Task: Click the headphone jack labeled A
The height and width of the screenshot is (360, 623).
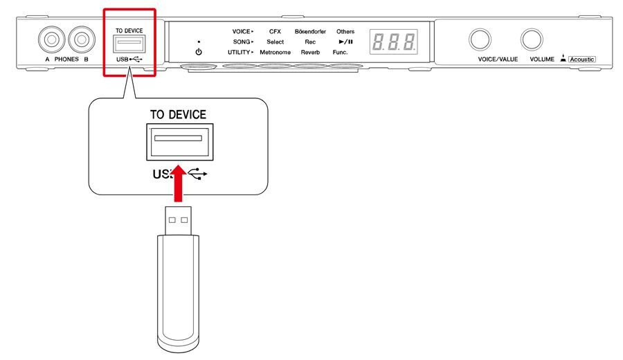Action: click(52, 39)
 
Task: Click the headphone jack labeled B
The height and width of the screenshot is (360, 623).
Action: click(82, 39)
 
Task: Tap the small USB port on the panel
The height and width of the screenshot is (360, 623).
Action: click(129, 44)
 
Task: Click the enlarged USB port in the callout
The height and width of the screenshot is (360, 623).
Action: click(180, 142)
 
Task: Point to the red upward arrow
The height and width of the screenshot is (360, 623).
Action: click(179, 183)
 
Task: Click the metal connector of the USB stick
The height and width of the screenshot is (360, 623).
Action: click(179, 221)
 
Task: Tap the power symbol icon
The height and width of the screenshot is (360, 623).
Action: click(199, 52)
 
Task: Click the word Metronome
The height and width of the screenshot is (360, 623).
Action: click(275, 52)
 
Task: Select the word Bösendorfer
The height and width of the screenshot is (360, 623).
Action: click(310, 31)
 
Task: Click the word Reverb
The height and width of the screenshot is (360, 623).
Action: click(310, 52)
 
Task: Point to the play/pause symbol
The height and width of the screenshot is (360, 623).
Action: click(345, 42)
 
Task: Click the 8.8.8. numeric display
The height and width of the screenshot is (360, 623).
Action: click(394, 42)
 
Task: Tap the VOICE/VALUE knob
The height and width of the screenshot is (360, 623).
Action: click(480, 39)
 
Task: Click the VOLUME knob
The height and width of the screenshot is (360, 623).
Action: click(532, 39)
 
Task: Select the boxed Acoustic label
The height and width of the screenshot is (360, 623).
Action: click(582, 60)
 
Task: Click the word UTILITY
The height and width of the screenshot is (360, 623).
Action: click(239, 52)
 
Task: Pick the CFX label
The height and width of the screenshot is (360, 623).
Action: click(275, 31)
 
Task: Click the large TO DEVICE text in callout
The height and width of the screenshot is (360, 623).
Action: click(178, 115)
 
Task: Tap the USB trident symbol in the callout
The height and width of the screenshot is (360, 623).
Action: click(197, 174)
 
